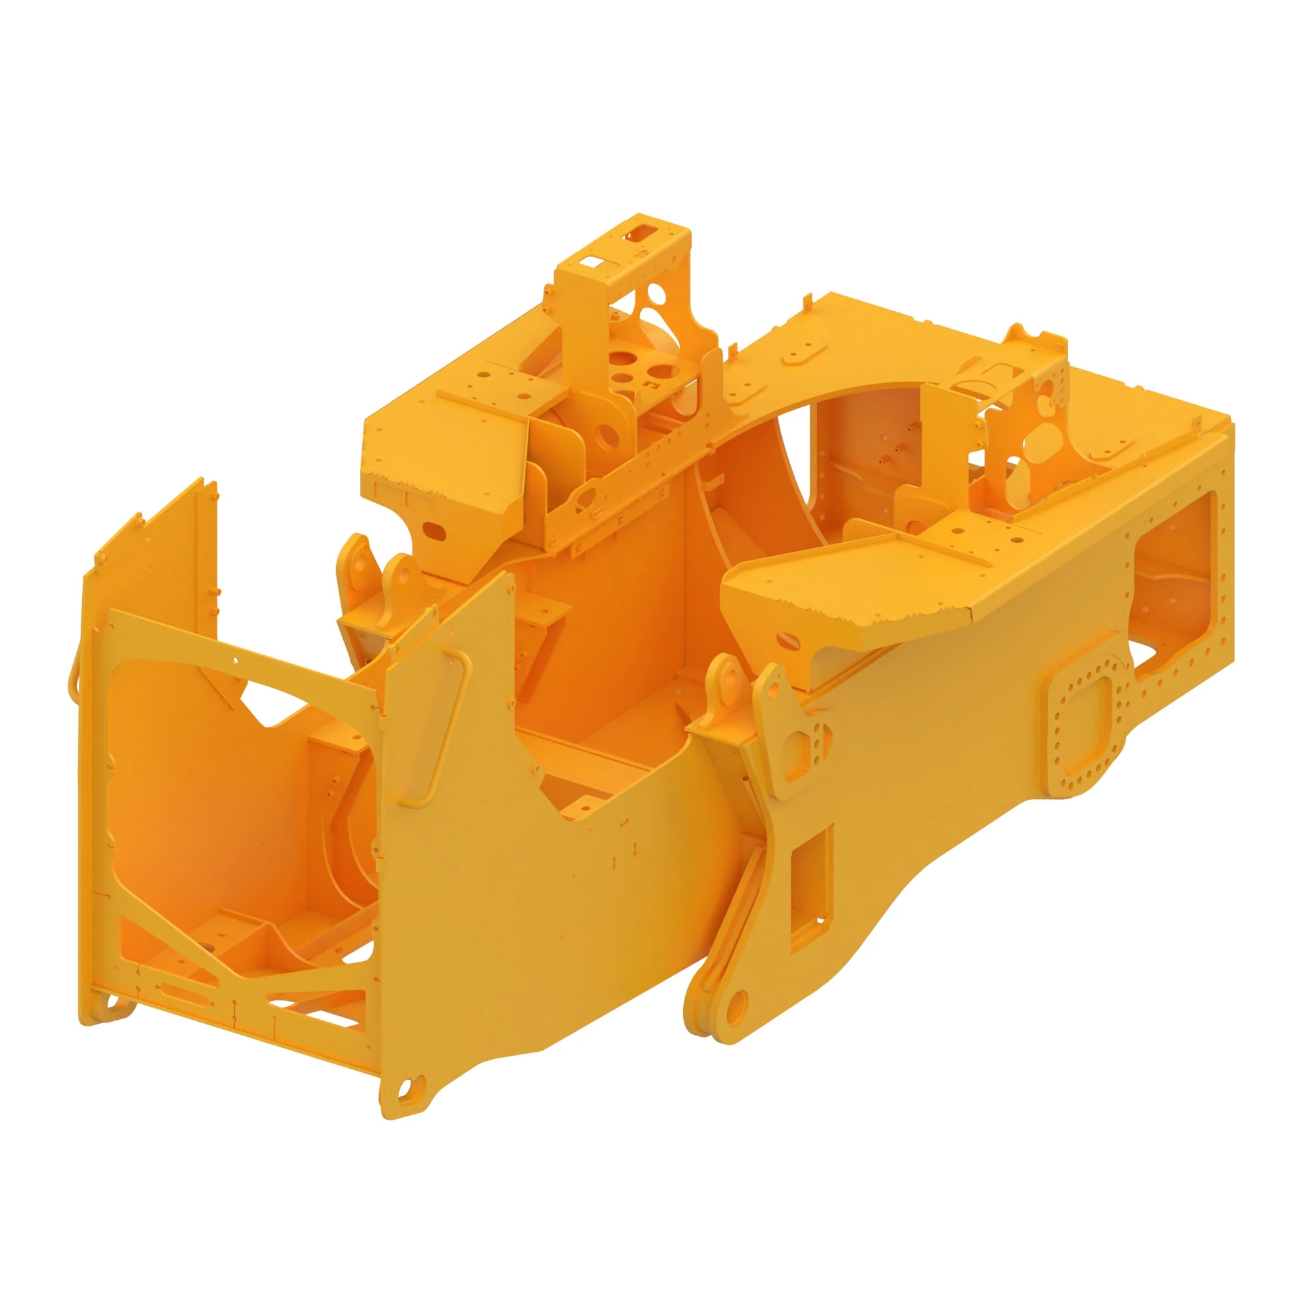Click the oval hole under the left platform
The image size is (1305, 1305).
[x=435, y=532]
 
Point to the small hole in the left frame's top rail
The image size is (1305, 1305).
[x=234, y=659]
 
